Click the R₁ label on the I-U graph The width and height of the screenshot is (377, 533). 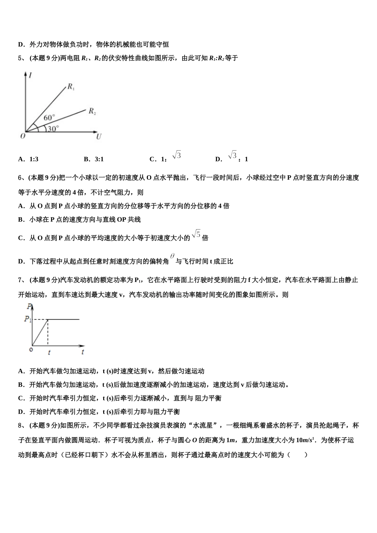coord(71,87)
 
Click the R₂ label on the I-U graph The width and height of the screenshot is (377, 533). coord(92,111)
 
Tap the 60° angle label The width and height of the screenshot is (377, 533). coord(49,118)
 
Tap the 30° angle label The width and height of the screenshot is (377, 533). coord(53,128)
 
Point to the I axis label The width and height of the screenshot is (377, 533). coord(31,75)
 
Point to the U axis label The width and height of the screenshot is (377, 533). coord(99,137)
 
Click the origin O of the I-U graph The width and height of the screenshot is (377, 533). coord(23,136)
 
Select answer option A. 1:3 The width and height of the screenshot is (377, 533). coord(28,159)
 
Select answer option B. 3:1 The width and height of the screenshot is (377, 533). coord(94,159)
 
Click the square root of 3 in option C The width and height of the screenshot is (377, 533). coord(177,155)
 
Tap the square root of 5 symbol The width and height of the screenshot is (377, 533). coord(196,234)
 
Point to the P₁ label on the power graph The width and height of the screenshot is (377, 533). coord(27,319)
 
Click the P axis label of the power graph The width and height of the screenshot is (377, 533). coord(29,306)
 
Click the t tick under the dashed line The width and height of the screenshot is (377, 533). coord(49,352)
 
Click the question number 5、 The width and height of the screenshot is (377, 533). coord(22,58)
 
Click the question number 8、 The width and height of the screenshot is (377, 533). coord(22,426)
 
